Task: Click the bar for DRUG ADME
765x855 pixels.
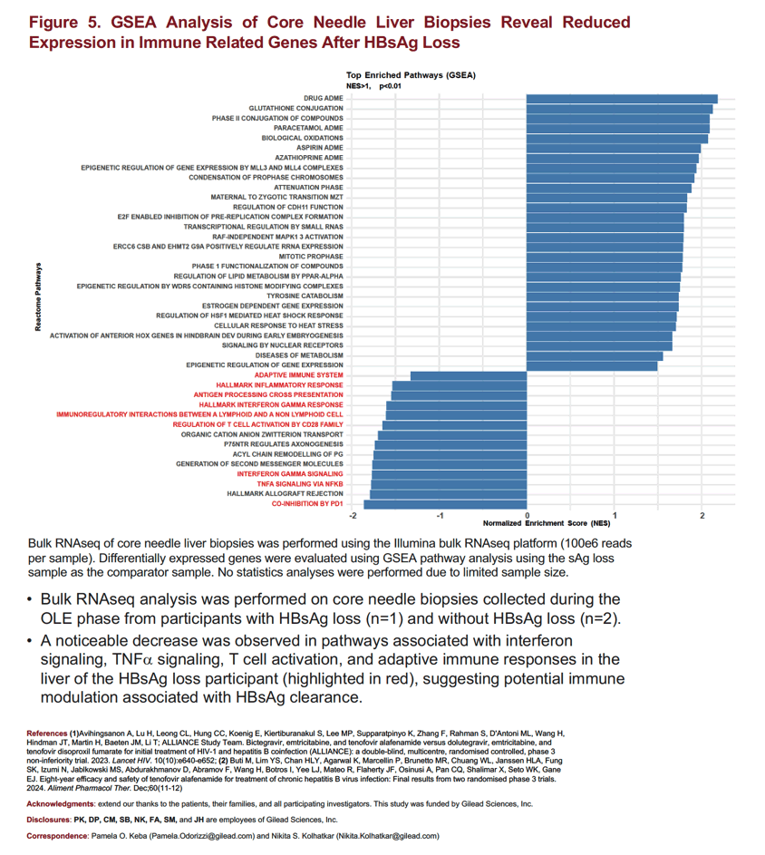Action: (x=622, y=99)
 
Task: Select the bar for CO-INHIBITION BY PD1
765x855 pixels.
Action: (x=445, y=504)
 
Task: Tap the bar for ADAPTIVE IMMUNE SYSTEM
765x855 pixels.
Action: (x=469, y=375)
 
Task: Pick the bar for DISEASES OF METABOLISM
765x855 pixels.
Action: (x=595, y=355)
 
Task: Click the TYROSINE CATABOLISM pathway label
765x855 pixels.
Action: (x=305, y=296)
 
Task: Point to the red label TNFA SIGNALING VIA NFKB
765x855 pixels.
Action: (x=300, y=484)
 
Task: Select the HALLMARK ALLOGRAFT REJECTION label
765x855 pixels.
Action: (x=286, y=494)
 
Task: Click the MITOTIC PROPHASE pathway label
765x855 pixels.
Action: (x=311, y=257)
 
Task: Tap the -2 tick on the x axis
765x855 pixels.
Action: (x=353, y=515)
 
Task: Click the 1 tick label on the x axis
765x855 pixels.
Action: (x=615, y=515)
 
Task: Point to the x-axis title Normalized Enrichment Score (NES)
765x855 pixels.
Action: (x=547, y=523)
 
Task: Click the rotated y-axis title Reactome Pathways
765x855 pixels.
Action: (x=38, y=296)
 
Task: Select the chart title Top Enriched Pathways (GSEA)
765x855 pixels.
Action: (x=411, y=75)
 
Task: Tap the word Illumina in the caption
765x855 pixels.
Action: (x=414, y=544)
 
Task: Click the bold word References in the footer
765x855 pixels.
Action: (x=47, y=734)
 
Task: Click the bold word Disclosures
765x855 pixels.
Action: (x=49, y=820)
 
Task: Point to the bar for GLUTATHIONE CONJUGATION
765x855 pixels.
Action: (x=619, y=109)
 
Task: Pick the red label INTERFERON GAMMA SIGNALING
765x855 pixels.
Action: (x=290, y=474)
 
